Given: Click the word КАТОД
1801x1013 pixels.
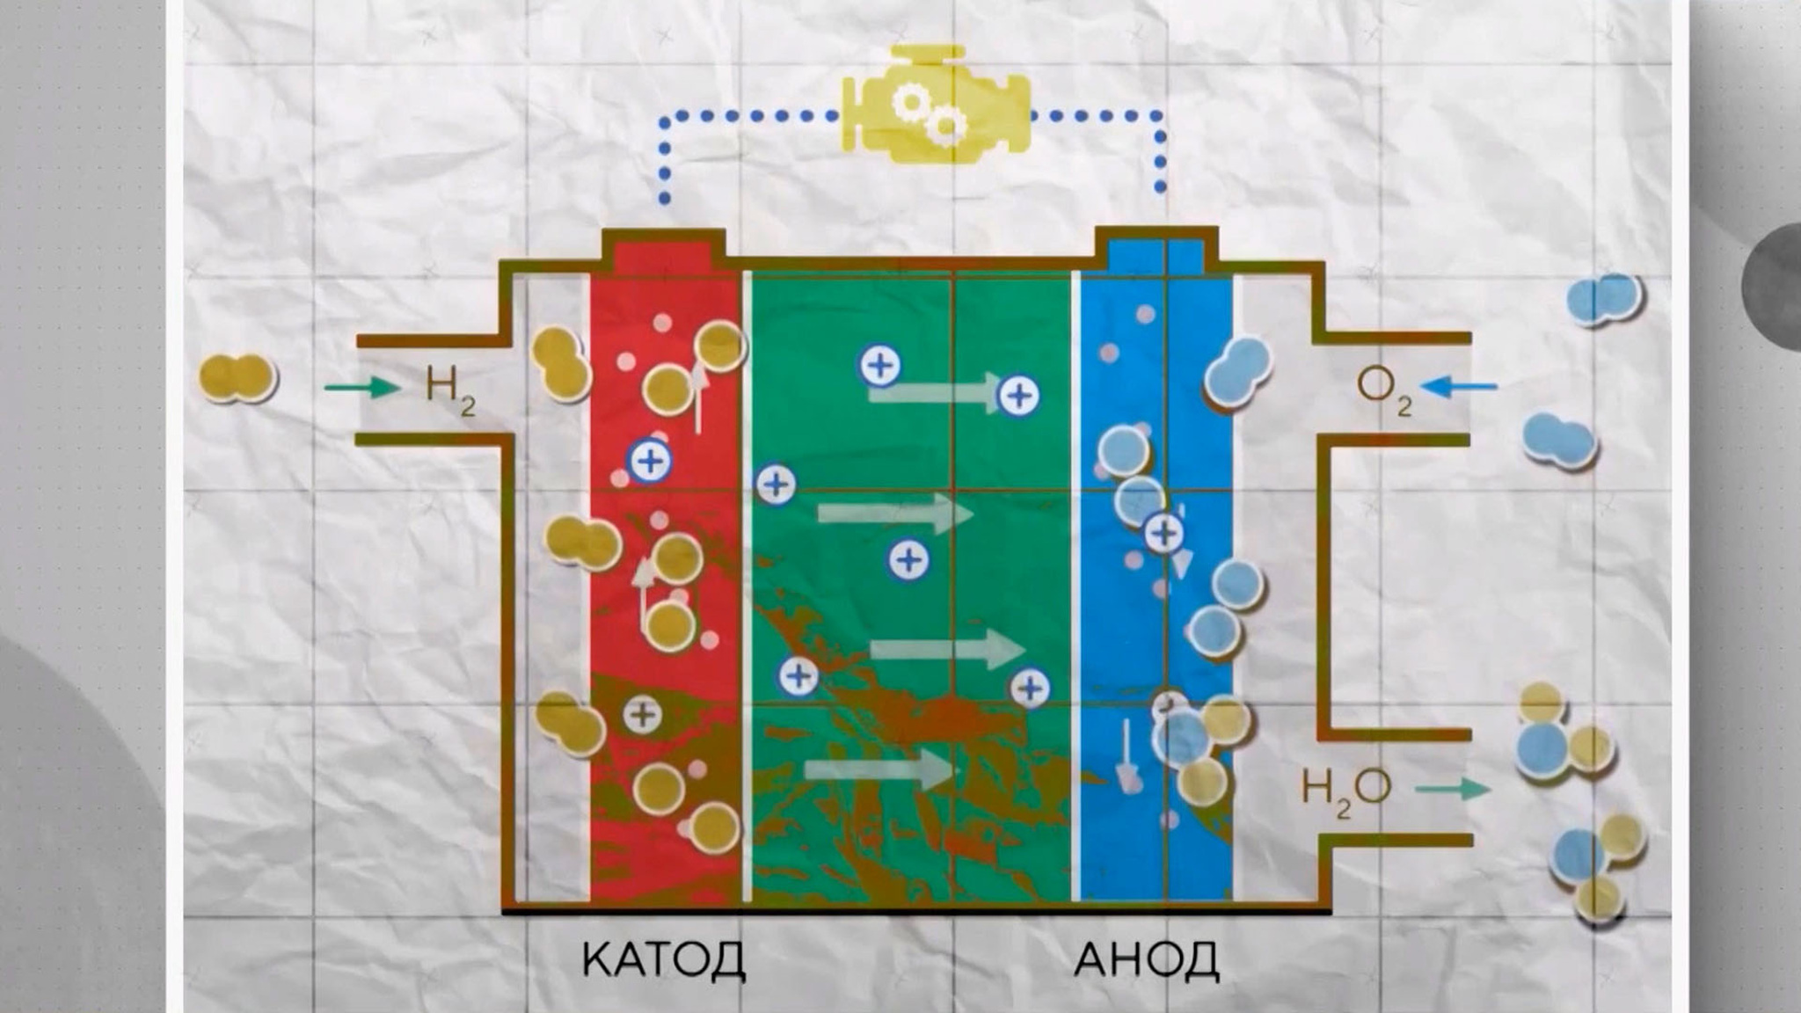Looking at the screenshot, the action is pyautogui.click(x=663, y=959).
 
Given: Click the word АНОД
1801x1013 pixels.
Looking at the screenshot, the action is pyautogui.click(x=1147, y=959).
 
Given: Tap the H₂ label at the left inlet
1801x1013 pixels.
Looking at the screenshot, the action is pyautogui.click(x=450, y=388).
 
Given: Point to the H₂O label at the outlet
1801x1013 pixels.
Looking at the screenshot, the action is pyautogui.click(x=1345, y=791).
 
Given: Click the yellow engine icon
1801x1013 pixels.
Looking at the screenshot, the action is pyautogui.click(x=936, y=105).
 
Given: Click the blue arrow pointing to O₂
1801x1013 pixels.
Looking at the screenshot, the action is pyautogui.click(x=1459, y=386).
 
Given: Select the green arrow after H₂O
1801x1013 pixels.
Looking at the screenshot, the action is pyautogui.click(x=1453, y=789).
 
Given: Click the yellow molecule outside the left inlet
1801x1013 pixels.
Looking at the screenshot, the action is pyautogui.click(x=238, y=378).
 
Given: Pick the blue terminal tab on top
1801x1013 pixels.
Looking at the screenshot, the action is pyautogui.click(x=1156, y=253).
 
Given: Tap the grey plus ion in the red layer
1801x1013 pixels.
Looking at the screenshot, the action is pyautogui.click(x=643, y=715).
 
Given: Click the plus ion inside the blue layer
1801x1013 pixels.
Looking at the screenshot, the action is pyautogui.click(x=1164, y=532).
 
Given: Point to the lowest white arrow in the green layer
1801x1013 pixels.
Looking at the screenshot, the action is pyautogui.click(x=879, y=770).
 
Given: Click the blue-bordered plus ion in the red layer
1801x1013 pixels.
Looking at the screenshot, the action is pyautogui.click(x=650, y=461).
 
